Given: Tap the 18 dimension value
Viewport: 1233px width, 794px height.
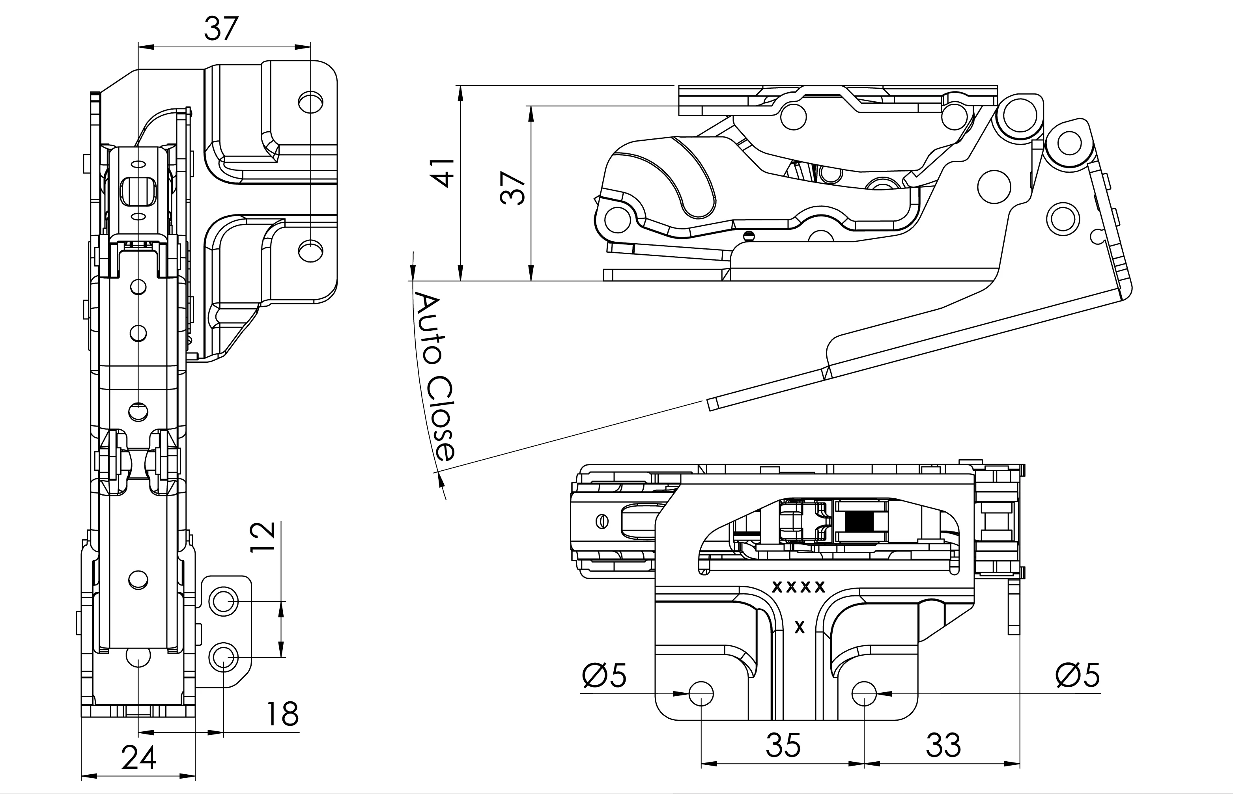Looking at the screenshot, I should (282, 714).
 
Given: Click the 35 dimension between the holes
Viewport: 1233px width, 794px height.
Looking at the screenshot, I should (783, 745).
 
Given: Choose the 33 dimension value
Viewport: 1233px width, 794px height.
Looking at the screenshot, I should (943, 745).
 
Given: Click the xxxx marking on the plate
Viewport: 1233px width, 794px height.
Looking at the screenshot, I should (798, 587).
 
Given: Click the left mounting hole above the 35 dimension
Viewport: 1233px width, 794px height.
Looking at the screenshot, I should (701, 693).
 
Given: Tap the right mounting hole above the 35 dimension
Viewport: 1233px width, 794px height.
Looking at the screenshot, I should (864, 693).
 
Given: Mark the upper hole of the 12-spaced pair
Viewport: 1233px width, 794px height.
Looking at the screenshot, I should (223, 601).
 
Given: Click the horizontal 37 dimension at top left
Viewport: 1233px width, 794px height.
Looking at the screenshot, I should (221, 30).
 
